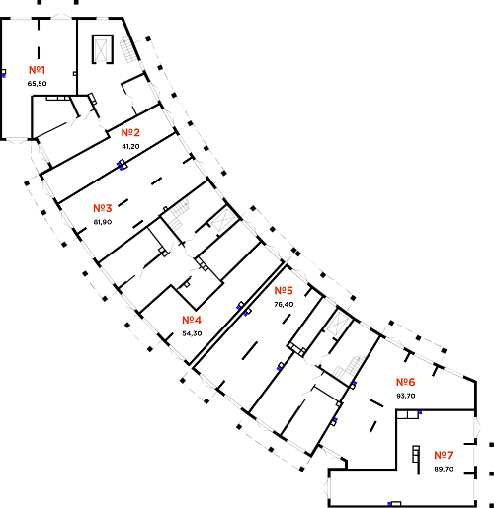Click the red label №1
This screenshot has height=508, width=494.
[x=37, y=70]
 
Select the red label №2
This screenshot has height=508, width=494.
[x=130, y=132]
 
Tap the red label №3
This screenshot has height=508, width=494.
[x=103, y=208]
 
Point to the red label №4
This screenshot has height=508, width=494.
[x=192, y=320]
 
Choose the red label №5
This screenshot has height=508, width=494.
[x=284, y=290]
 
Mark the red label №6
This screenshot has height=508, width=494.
[x=405, y=382]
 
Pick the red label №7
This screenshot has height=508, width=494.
[x=444, y=455]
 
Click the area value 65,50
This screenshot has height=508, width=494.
[x=37, y=84]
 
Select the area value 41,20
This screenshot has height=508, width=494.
[x=130, y=146]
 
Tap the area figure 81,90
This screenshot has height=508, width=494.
[x=103, y=222]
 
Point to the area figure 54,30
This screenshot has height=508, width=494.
[x=192, y=333]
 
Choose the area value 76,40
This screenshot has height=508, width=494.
[x=284, y=304]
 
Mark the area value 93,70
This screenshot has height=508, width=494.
[x=406, y=396]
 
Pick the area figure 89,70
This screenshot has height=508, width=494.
[x=444, y=469]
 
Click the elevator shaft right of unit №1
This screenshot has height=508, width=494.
[x=103, y=49]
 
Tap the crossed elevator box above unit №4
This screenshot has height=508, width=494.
[x=221, y=219]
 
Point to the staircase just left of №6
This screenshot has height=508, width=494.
[x=349, y=368]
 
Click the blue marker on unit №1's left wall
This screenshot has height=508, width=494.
[x=4, y=76]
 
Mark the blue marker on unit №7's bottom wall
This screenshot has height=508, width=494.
[x=389, y=503]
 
